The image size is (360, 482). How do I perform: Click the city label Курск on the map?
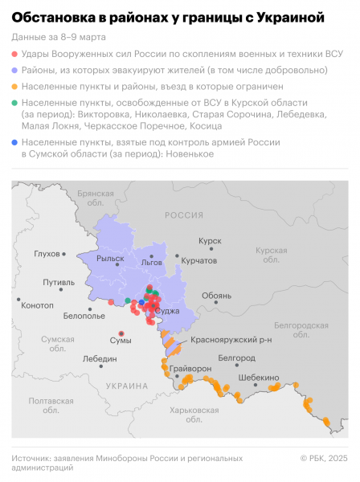pyautogui.click(x=211, y=240)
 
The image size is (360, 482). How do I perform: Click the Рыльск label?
pyautogui.click(x=110, y=259)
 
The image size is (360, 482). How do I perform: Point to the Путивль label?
pyautogui.click(x=59, y=283)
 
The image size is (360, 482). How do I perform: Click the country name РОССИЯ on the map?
pyautogui.click(x=184, y=215)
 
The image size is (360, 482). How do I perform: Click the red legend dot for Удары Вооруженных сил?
pyautogui.click(x=15, y=53)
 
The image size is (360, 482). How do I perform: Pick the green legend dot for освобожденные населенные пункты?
pyautogui.click(x=15, y=104)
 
